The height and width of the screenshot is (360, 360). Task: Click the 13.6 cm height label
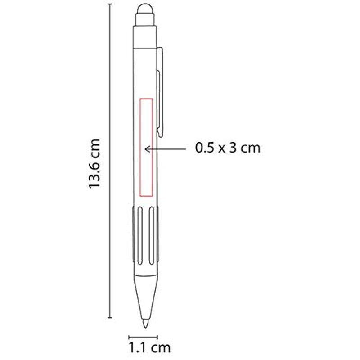point(94,163)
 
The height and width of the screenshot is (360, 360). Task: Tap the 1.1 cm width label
point(150,347)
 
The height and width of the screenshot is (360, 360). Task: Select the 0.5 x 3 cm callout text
point(228,148)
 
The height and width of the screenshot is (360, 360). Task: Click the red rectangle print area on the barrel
point(140,148)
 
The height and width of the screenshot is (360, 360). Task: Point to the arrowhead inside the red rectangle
point(147,149)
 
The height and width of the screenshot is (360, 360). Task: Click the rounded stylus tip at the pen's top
point(145,9)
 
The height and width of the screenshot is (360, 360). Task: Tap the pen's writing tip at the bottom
point(145,323)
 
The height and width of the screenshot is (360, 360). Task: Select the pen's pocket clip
point(160,92)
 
